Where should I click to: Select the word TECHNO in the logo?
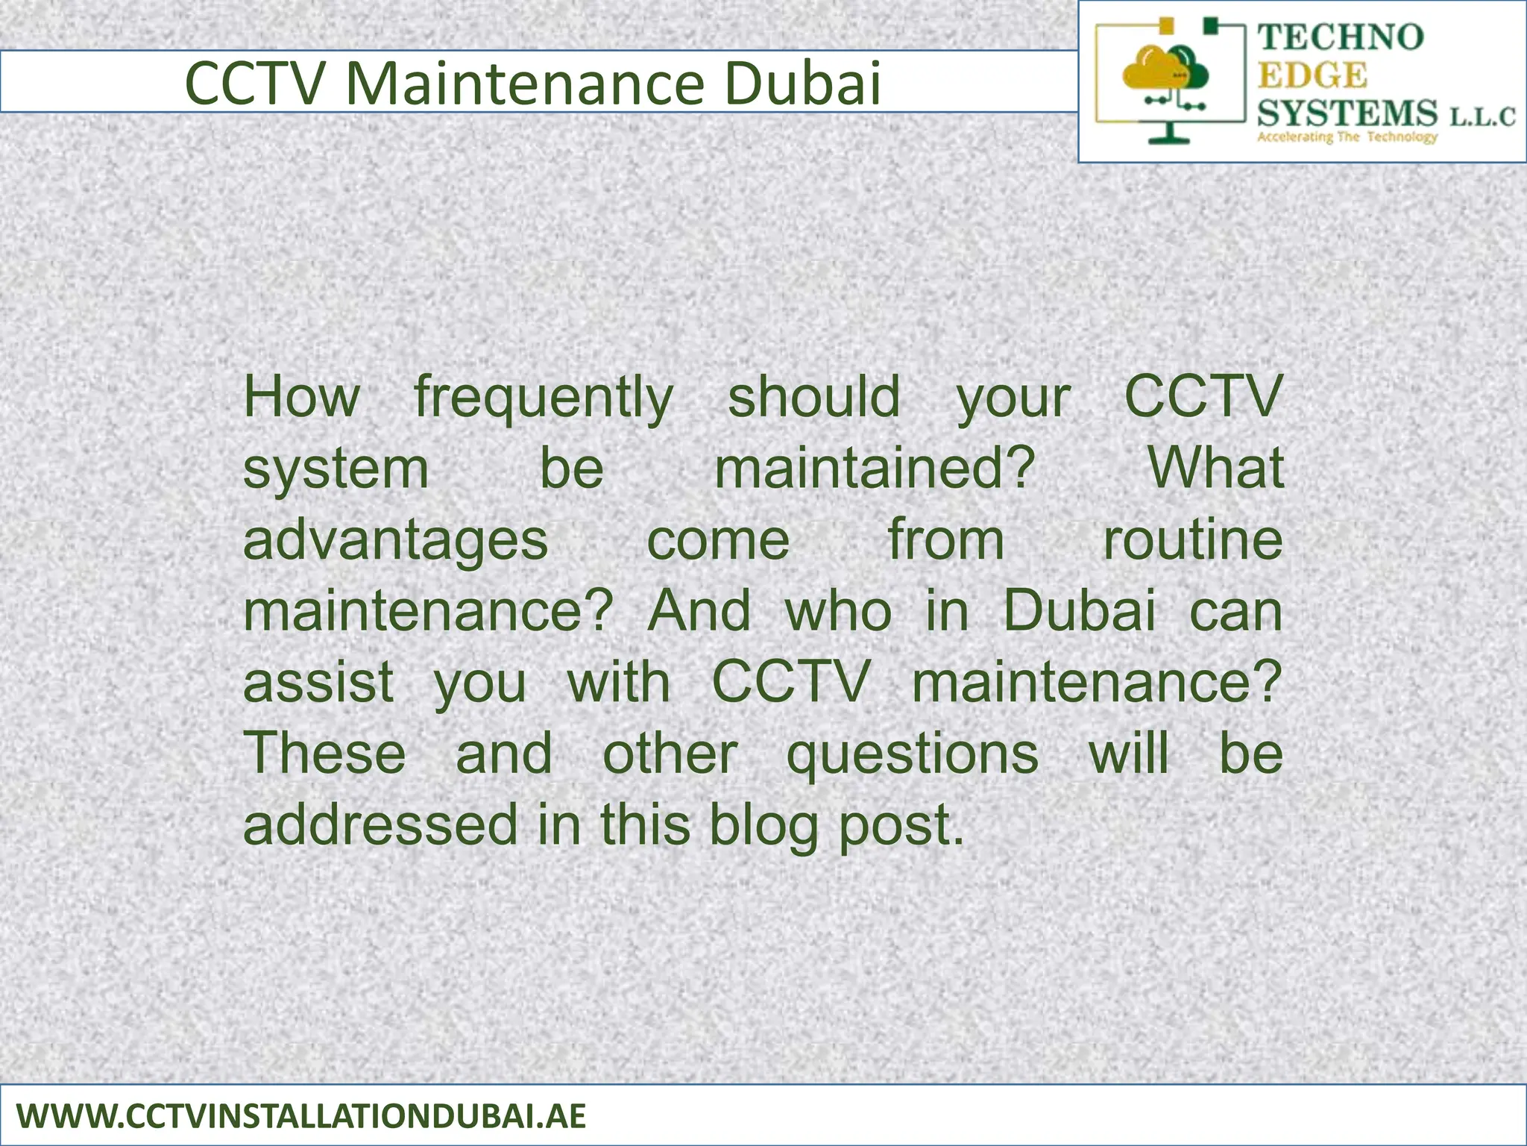coord(1341,37)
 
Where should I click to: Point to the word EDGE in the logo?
coord(1312,75)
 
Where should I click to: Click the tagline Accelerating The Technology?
coord(1347,137)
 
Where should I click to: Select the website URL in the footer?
coord(301,1117)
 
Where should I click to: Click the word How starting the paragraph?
coord(302,397)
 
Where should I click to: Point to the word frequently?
coord(544,398)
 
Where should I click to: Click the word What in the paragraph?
coord(1215,469)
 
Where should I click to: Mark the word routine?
coord(1192,539)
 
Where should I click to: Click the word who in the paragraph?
coord(839,611)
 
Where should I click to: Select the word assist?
coord(318,682)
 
